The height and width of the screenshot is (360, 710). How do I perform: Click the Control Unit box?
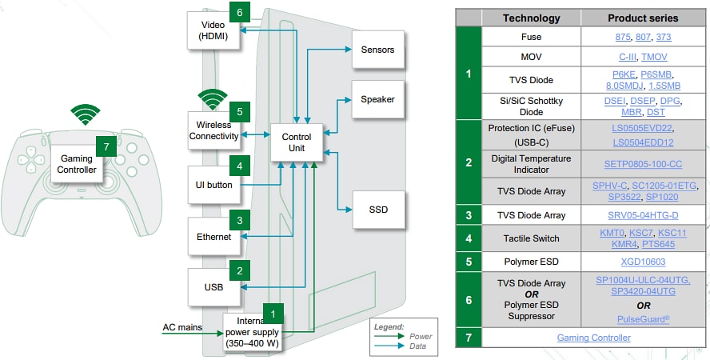tap(297, 142)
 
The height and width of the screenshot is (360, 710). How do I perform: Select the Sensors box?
tap(377, 50)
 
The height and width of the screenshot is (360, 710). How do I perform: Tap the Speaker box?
tap(377, 100)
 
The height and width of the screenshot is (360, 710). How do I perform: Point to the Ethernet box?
tap(213, 237)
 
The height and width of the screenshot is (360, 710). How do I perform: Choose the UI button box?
tap(213, 186)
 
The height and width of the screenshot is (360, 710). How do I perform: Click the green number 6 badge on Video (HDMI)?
tap(240, 12)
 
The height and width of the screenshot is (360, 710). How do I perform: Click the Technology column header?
tap(531, 18)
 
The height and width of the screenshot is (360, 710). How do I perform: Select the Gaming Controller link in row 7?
tap(593, 338)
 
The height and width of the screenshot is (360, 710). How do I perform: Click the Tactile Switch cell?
tap(531, 238)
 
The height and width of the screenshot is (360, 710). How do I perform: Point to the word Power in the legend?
tap(421, 336)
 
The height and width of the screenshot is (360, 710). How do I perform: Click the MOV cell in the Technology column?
tap(531, 57)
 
